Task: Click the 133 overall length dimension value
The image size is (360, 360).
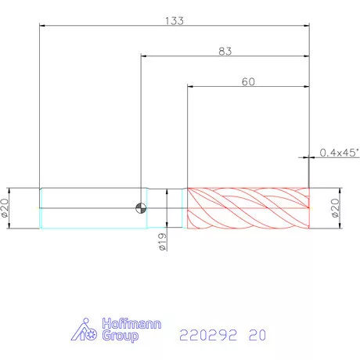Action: coord(175,21)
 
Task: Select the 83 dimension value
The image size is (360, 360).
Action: coord(225,52)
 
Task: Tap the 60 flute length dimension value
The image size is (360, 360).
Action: coord(248,82)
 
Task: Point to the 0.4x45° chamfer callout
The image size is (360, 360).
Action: coord(340,153)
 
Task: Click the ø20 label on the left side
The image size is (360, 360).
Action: coord(5,208)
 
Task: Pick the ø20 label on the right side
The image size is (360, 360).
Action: coord(336,208)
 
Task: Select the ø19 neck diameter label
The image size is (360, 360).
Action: coord(162,242)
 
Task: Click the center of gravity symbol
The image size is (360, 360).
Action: coord(141,208)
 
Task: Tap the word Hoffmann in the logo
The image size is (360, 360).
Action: coord(131,324)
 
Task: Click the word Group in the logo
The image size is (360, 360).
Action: coord(120,336)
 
